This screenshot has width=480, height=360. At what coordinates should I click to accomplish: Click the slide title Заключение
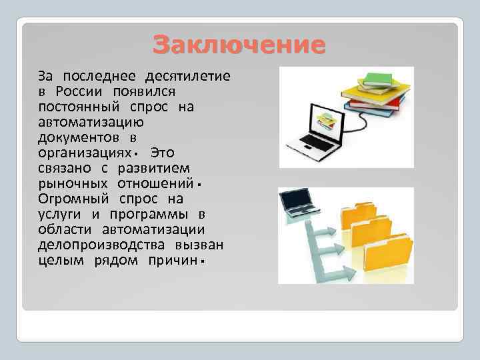239,45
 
